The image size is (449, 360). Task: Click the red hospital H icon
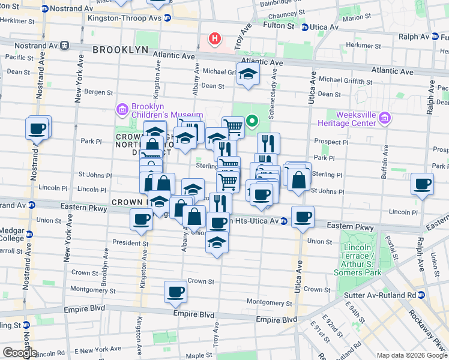214,40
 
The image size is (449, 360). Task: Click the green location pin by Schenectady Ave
252,122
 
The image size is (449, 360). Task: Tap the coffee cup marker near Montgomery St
175,292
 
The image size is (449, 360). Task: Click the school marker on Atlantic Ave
247,74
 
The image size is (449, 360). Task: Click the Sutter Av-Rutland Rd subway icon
421,295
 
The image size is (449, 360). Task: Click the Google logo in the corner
19,353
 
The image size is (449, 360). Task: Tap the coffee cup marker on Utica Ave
303,217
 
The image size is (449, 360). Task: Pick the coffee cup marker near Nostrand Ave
37,128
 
